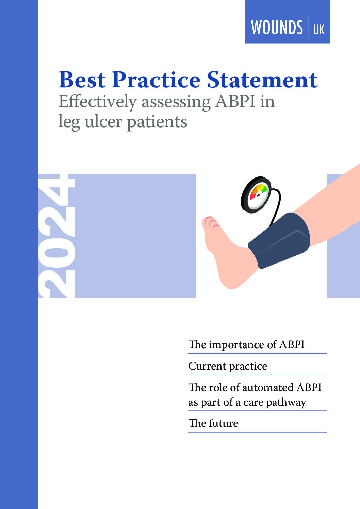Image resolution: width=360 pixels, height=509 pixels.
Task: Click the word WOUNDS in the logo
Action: pyautogui.click(x=277, y=27)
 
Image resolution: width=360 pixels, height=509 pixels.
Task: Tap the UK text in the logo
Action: pyautogui.click(x=319, y=29)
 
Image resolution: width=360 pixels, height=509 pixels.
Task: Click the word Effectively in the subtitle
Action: pyautogui.click(x=97, y=102)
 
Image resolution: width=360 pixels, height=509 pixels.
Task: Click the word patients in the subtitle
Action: pyautogui.click(x=157, y=123)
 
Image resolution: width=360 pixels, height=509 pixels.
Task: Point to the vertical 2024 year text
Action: pyautogui.click(x=56, y=236)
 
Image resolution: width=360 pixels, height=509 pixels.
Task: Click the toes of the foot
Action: pyautogui.click(x=210, y=223)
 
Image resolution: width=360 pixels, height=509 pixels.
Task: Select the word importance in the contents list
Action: pyautogui.click(x=236, y=345)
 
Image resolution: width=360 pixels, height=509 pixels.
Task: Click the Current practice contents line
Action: pyautogui.click(x=228, y=366)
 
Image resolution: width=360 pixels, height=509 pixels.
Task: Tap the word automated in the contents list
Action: pyautogui.click(x=268, y=387)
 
